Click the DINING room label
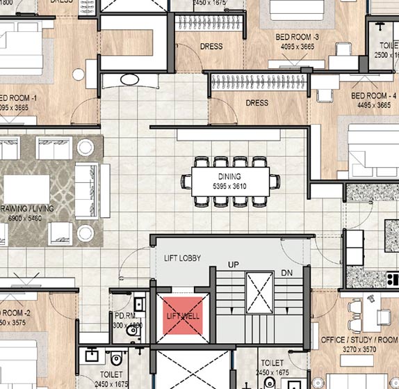229,177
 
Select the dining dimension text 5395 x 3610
229,186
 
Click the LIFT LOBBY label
182,258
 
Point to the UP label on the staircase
234,265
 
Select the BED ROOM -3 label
297,36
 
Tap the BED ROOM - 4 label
373,95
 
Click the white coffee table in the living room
26,189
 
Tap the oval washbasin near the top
130,79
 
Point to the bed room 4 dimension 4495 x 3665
373,105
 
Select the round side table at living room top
85,147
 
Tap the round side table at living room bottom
85,232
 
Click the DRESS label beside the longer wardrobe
256,103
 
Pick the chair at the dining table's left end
186,182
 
